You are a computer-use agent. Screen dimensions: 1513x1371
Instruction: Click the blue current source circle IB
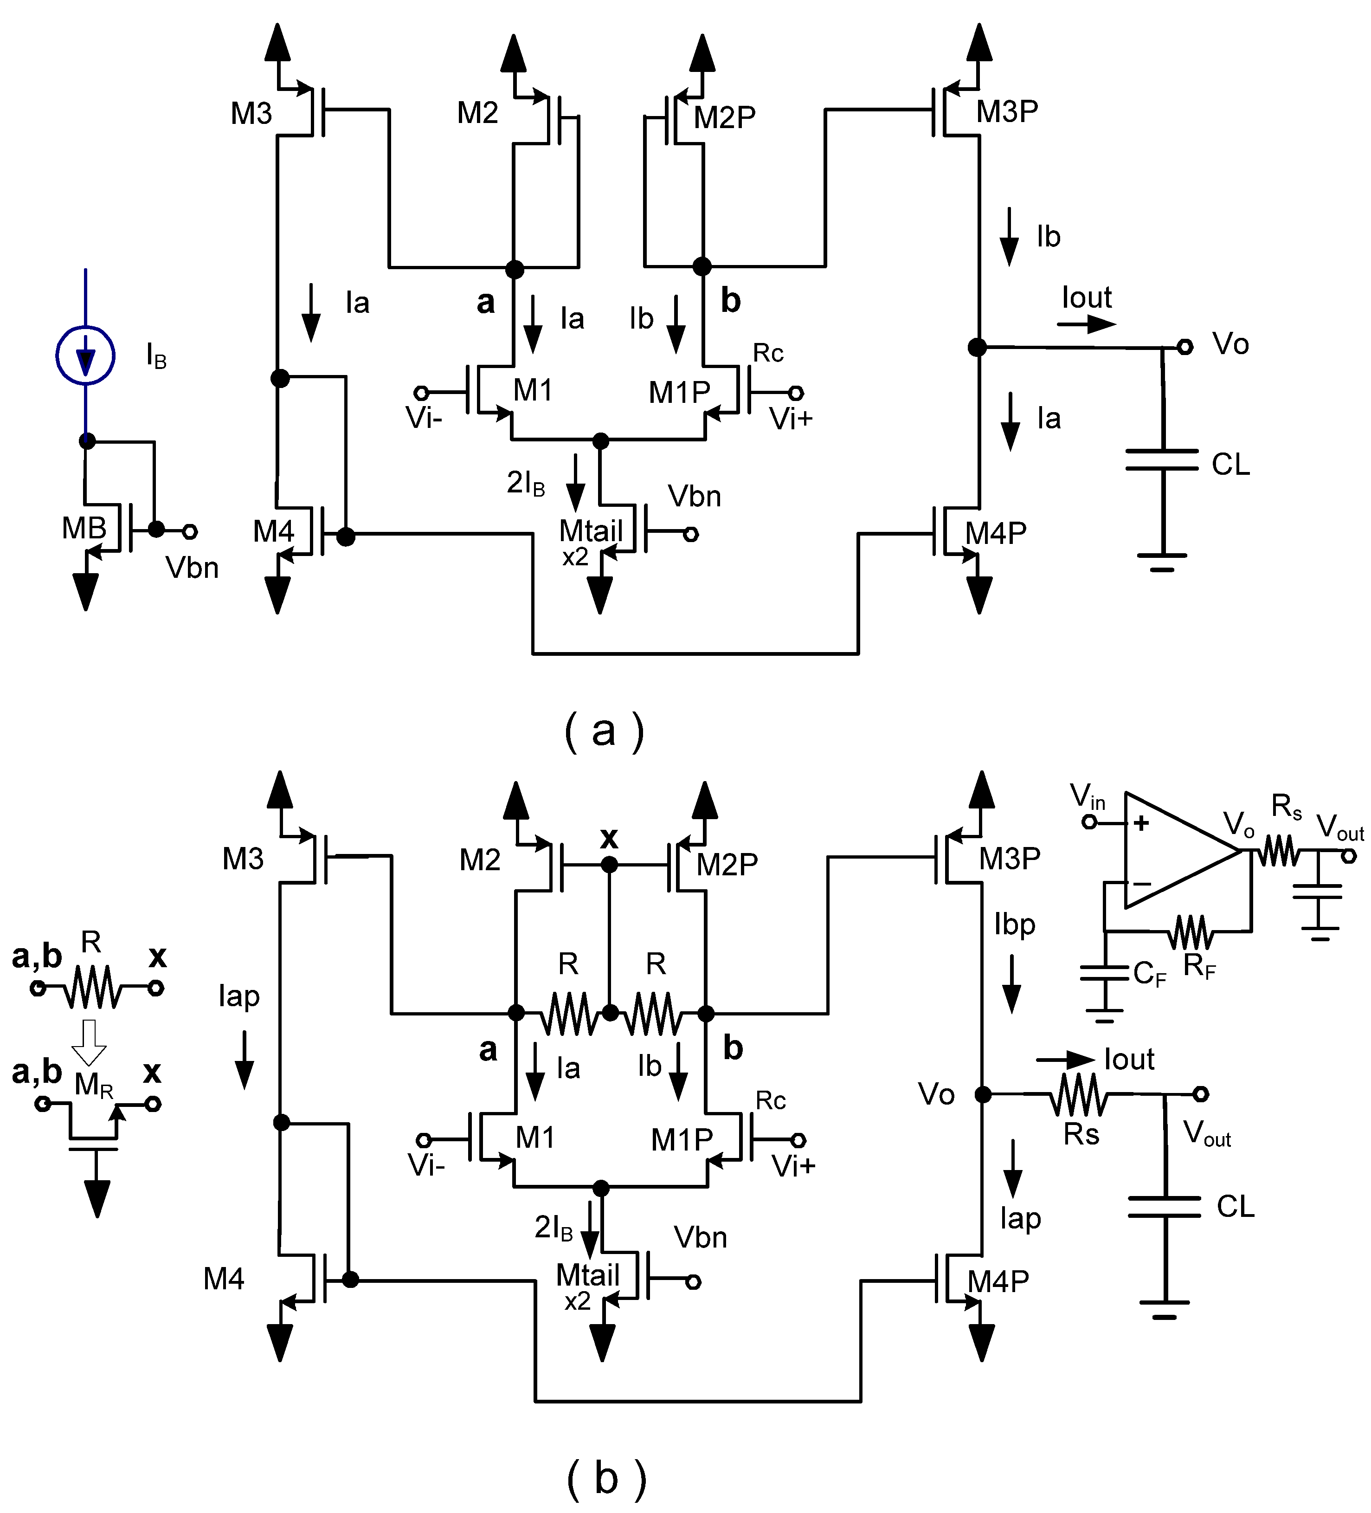click(85, 356)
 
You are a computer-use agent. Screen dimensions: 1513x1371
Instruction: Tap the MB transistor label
click(84, 528)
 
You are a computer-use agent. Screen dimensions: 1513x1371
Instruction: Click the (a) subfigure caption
click(604, 730)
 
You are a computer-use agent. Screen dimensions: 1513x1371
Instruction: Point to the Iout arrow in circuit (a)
click(1086, 324)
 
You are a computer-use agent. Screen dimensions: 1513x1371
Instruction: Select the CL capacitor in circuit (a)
click(1162, 460)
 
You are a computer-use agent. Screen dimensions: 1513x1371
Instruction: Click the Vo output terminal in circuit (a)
click(1184, 347)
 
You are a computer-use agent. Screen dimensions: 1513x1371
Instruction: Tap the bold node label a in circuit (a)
click(485, 302)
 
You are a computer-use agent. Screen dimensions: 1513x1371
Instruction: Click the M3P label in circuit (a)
click(1007, 111)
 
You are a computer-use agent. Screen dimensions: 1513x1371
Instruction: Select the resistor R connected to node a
click(569, 1013)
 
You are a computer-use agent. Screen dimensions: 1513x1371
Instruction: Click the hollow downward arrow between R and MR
click(89, 1041)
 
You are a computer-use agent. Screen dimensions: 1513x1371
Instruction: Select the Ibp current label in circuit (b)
click(1015, 924)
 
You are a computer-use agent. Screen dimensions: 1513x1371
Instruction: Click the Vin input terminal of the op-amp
click(1089, 822)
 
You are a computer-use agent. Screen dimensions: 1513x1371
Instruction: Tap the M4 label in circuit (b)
click(224, 1278)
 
